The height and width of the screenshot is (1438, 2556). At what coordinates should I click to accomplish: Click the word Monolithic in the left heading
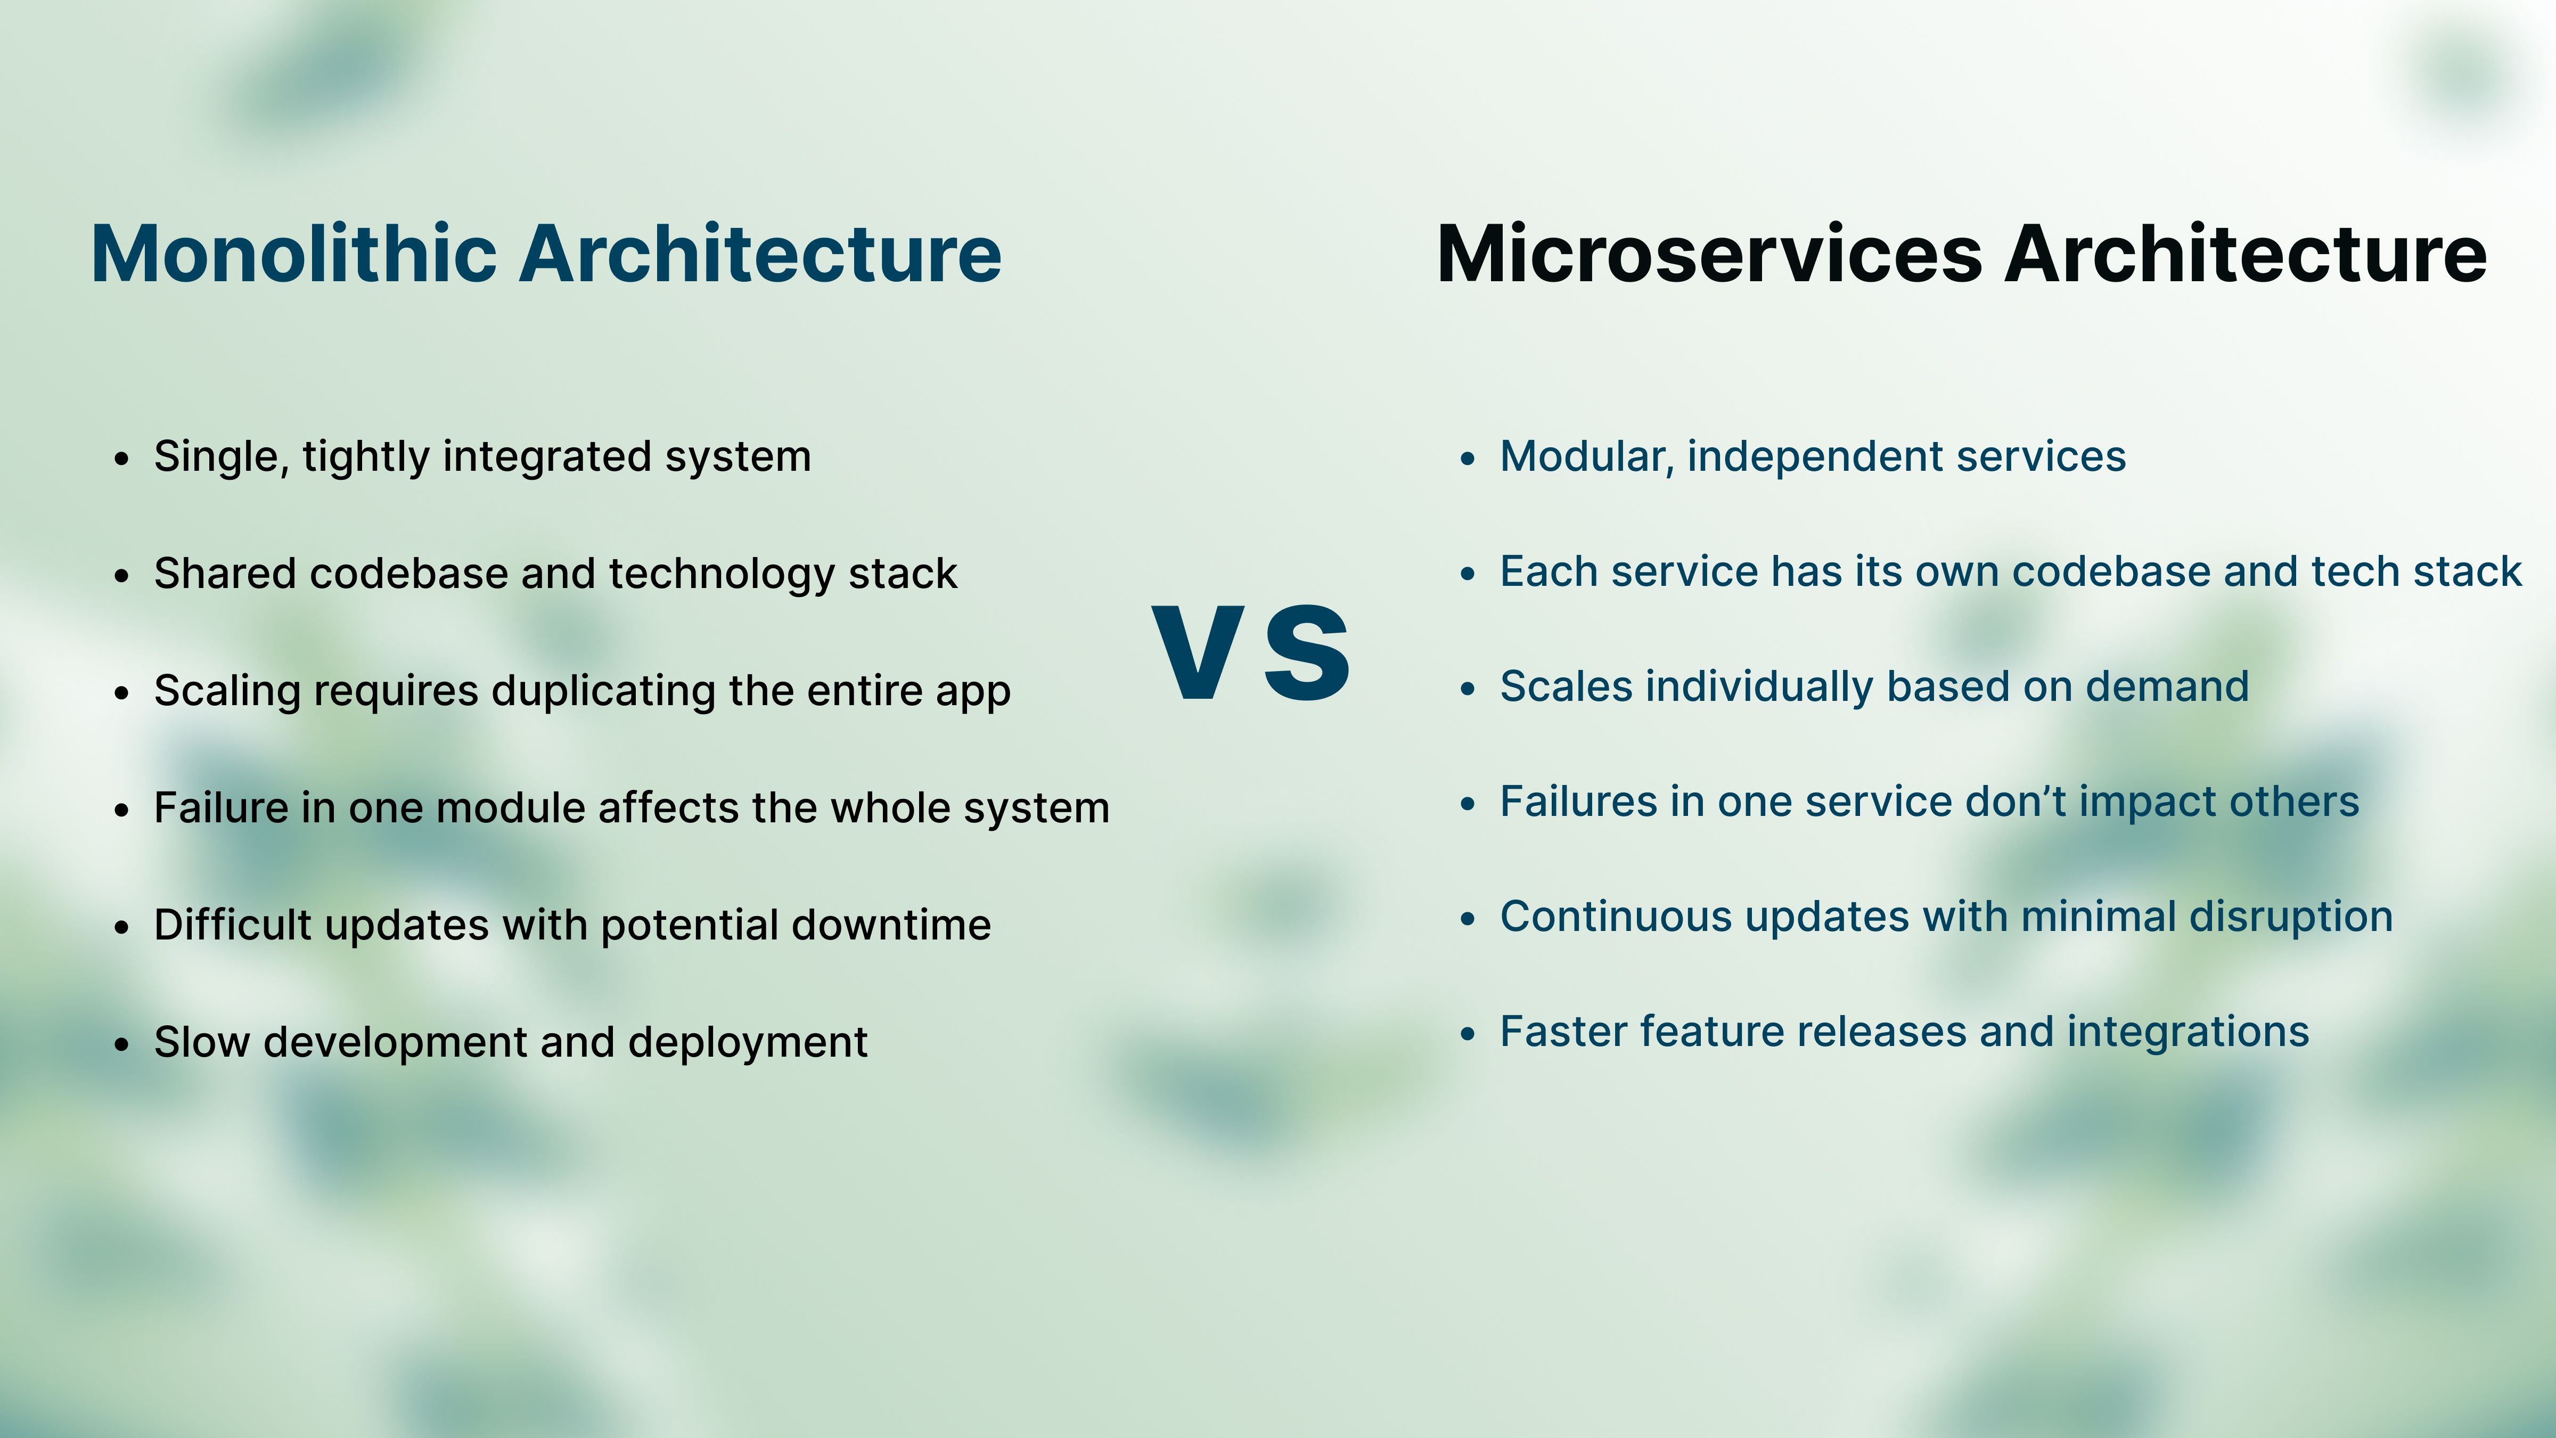click(293, 254)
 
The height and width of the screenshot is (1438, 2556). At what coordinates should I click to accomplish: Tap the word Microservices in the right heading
click(1709, 254)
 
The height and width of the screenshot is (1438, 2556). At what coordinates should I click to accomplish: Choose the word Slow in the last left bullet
click(201, 1042)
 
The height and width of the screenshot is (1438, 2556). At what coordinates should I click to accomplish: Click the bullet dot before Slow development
click(122, 1044)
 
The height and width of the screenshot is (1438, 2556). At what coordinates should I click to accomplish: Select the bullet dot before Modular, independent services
click(1469, 459)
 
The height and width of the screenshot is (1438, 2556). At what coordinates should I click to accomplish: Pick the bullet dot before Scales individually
click(1469, 689)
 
